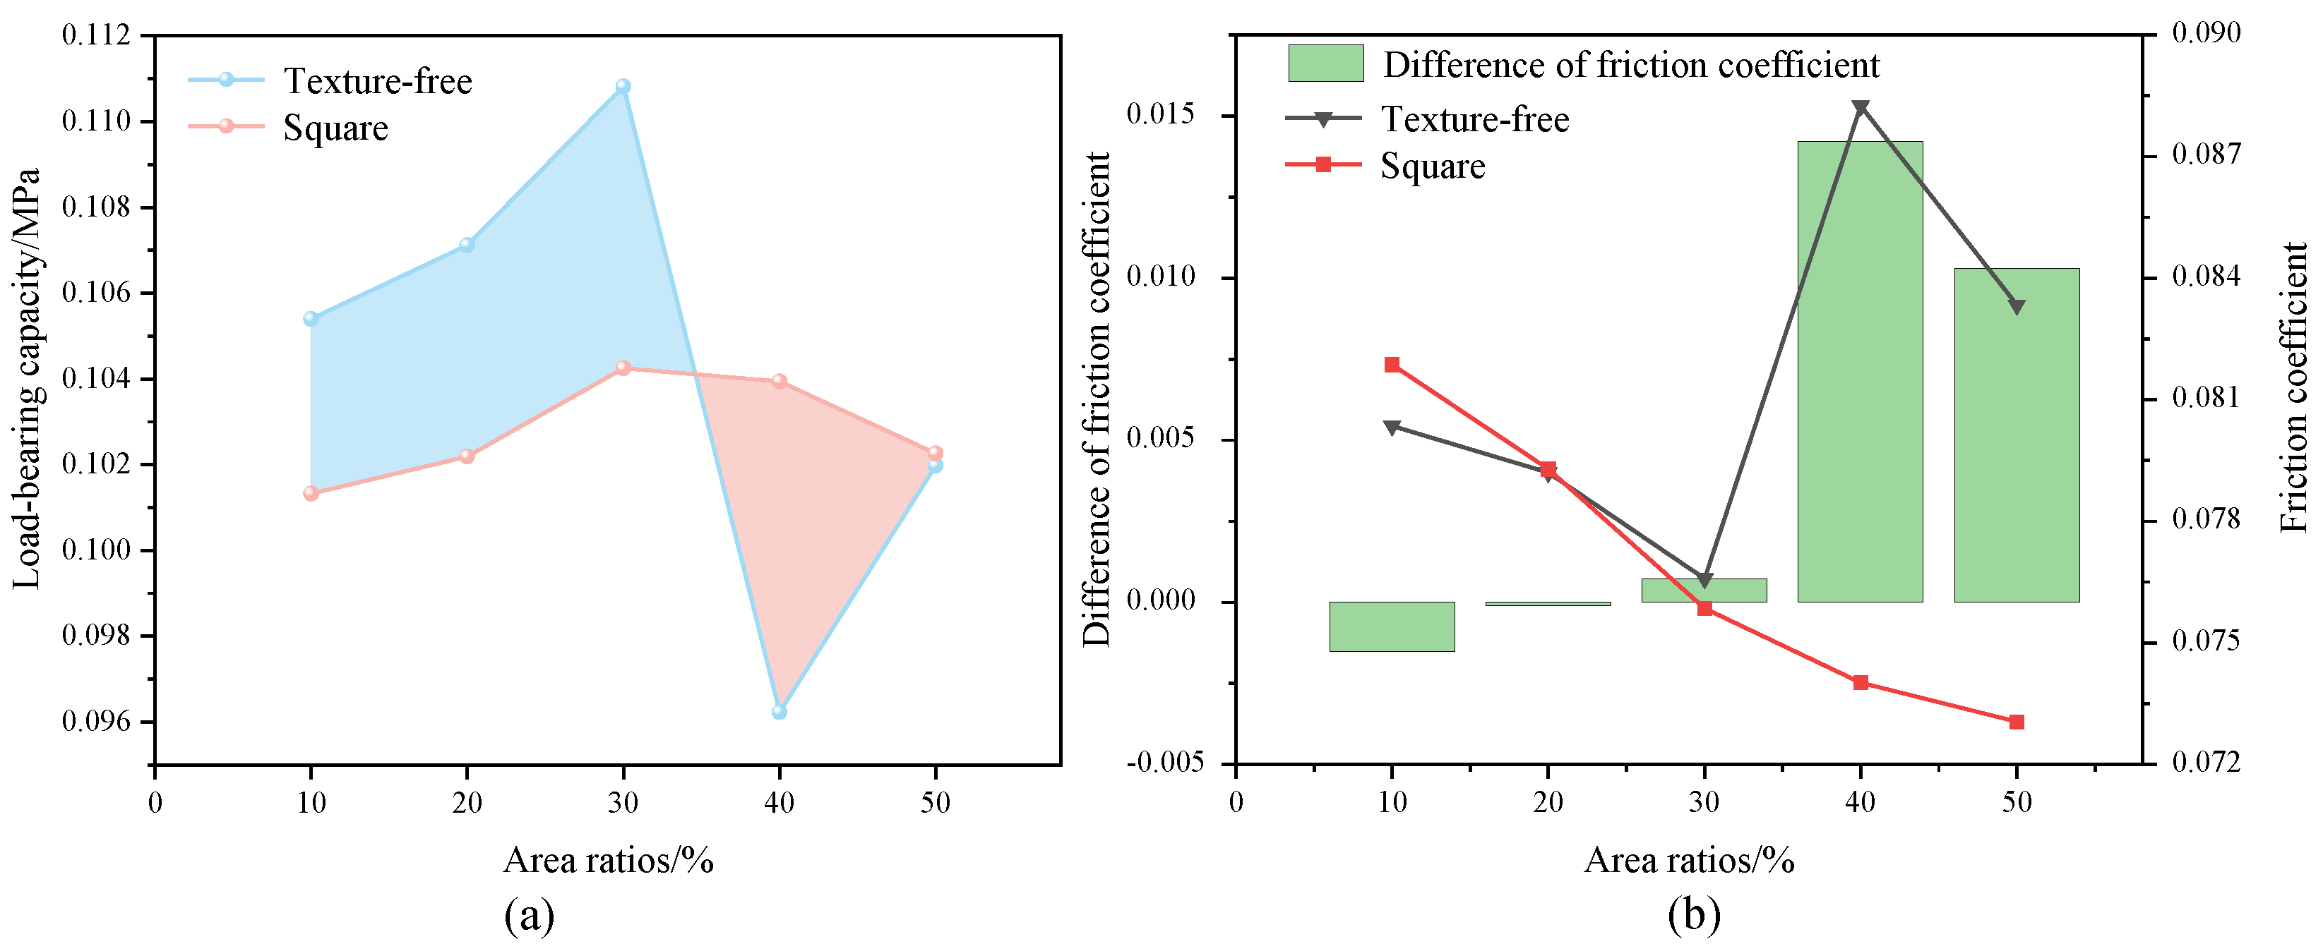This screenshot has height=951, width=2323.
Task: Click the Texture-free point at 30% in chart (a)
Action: click(622, 87)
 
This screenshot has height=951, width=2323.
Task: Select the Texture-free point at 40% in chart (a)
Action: click(779, 711)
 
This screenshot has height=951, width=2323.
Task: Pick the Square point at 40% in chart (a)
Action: click(779, 381)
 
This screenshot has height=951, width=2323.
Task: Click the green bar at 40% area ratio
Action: click(1860, 370)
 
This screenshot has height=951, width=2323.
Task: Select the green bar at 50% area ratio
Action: click(2017, 435)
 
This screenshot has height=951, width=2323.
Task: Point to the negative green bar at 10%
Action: click(1392, 626)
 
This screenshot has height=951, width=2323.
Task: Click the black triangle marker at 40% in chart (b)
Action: click(1860, 108)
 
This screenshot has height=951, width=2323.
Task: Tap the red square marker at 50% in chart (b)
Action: click(2017, 721)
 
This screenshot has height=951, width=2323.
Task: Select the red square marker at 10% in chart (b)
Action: click(1392, 364)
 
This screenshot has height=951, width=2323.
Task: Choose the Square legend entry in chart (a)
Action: click(335, 127)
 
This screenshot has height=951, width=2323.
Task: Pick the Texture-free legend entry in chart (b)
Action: click(1474, 119)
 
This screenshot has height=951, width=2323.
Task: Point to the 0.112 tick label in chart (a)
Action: click(95, 35)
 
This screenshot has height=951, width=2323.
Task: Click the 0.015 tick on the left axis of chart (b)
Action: click(1161, 114)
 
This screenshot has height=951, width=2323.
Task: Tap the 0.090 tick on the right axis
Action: click(2206, 33)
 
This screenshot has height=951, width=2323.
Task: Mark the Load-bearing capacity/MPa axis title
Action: click(27, 379)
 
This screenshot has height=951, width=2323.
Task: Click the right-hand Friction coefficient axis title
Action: click(2293, 387)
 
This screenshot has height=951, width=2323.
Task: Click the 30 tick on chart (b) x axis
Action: click(1704, 801)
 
